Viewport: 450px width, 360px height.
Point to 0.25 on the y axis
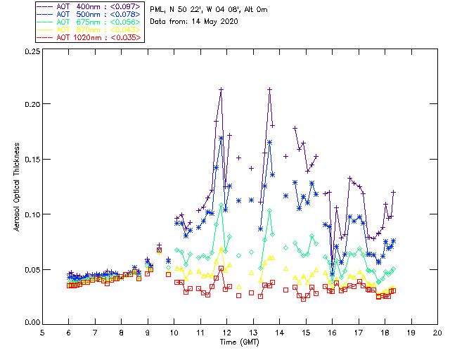pyautogui.click(x=30, y=52)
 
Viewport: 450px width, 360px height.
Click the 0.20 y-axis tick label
pyautogui.click(x=30, y=104)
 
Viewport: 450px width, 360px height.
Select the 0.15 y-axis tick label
pyautogui.click(x=30, y=159)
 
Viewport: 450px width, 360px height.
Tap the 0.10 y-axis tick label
pyautogui.click(x=30, y=214)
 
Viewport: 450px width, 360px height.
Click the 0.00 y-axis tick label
pyautogui.click(x=30, y=323)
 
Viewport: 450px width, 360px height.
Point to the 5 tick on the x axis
pyautogui.click(x=42, y=332)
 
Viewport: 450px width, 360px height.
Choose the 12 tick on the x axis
pyautogui.click(x=226, y=332)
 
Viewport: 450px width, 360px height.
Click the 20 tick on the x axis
pyautogui.click(x=437, y=332)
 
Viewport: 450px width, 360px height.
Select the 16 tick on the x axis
pyautogui.click(x=332, y=332)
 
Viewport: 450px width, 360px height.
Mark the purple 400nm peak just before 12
pyautogui.click(x=221, y=90)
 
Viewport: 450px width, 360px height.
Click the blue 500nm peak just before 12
pyautogui.click(x=221, y=138)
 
